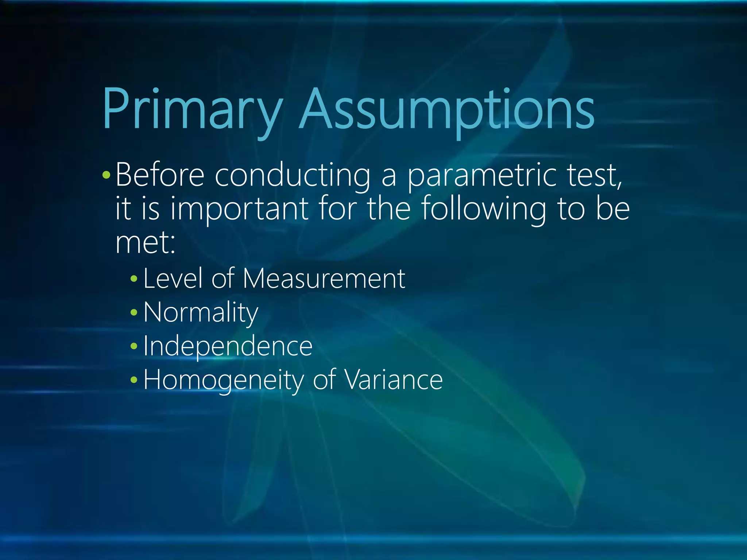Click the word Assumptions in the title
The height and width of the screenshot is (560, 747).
click(x=446, y=109)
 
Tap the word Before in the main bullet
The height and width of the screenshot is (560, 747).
click(x=160, y=175)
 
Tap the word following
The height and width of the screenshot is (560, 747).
click(x=483, y=209)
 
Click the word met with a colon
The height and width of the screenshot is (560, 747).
click(x=145, y=242)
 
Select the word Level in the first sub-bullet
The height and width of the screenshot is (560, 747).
click(x=173, y=279)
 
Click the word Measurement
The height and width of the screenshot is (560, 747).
click(x=324, y=279)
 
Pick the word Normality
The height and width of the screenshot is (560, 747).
click(x=201, y=313)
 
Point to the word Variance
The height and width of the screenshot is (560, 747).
click(x=394, y=380)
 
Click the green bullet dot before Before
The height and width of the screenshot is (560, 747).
click(x=106, y=175)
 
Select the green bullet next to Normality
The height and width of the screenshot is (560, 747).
click(x=134, y=312)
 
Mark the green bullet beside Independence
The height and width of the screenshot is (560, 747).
click(x=134, y=346)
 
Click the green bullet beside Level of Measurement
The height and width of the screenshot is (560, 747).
click(x=134, y=279)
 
